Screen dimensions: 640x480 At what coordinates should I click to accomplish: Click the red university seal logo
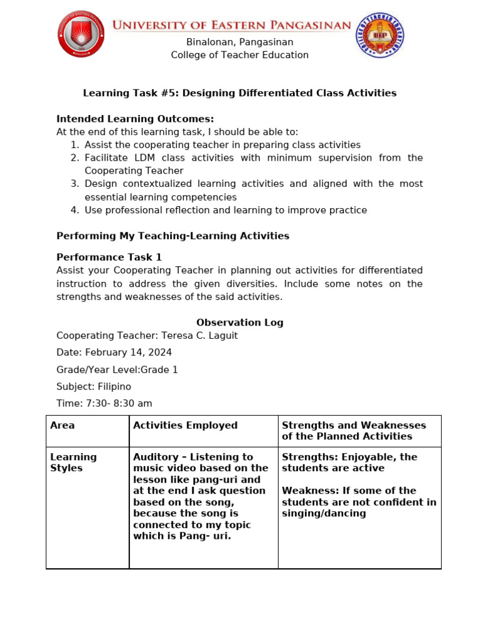pyautogui.click(x=81, y=34)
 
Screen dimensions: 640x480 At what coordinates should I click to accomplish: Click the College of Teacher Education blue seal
pyautogui.click(x=379, y=36)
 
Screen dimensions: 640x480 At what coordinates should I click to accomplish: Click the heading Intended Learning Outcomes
pyautogui.click(x=135, y=119)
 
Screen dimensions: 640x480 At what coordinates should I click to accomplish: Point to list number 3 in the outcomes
pyautogui.click(x=74, y=184)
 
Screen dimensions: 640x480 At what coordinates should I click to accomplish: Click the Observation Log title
pyautogui.click(x=240, y=322)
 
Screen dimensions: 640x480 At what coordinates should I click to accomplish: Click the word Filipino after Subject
pyautogui.click(x=114, y=387)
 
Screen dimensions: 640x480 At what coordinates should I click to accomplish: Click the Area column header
pyautogui.click(x=62, y=426)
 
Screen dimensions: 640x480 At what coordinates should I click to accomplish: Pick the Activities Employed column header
pyautogui.click(x=185, y=426)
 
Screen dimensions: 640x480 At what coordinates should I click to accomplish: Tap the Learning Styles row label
pyautogui.click(x=73, y=462)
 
